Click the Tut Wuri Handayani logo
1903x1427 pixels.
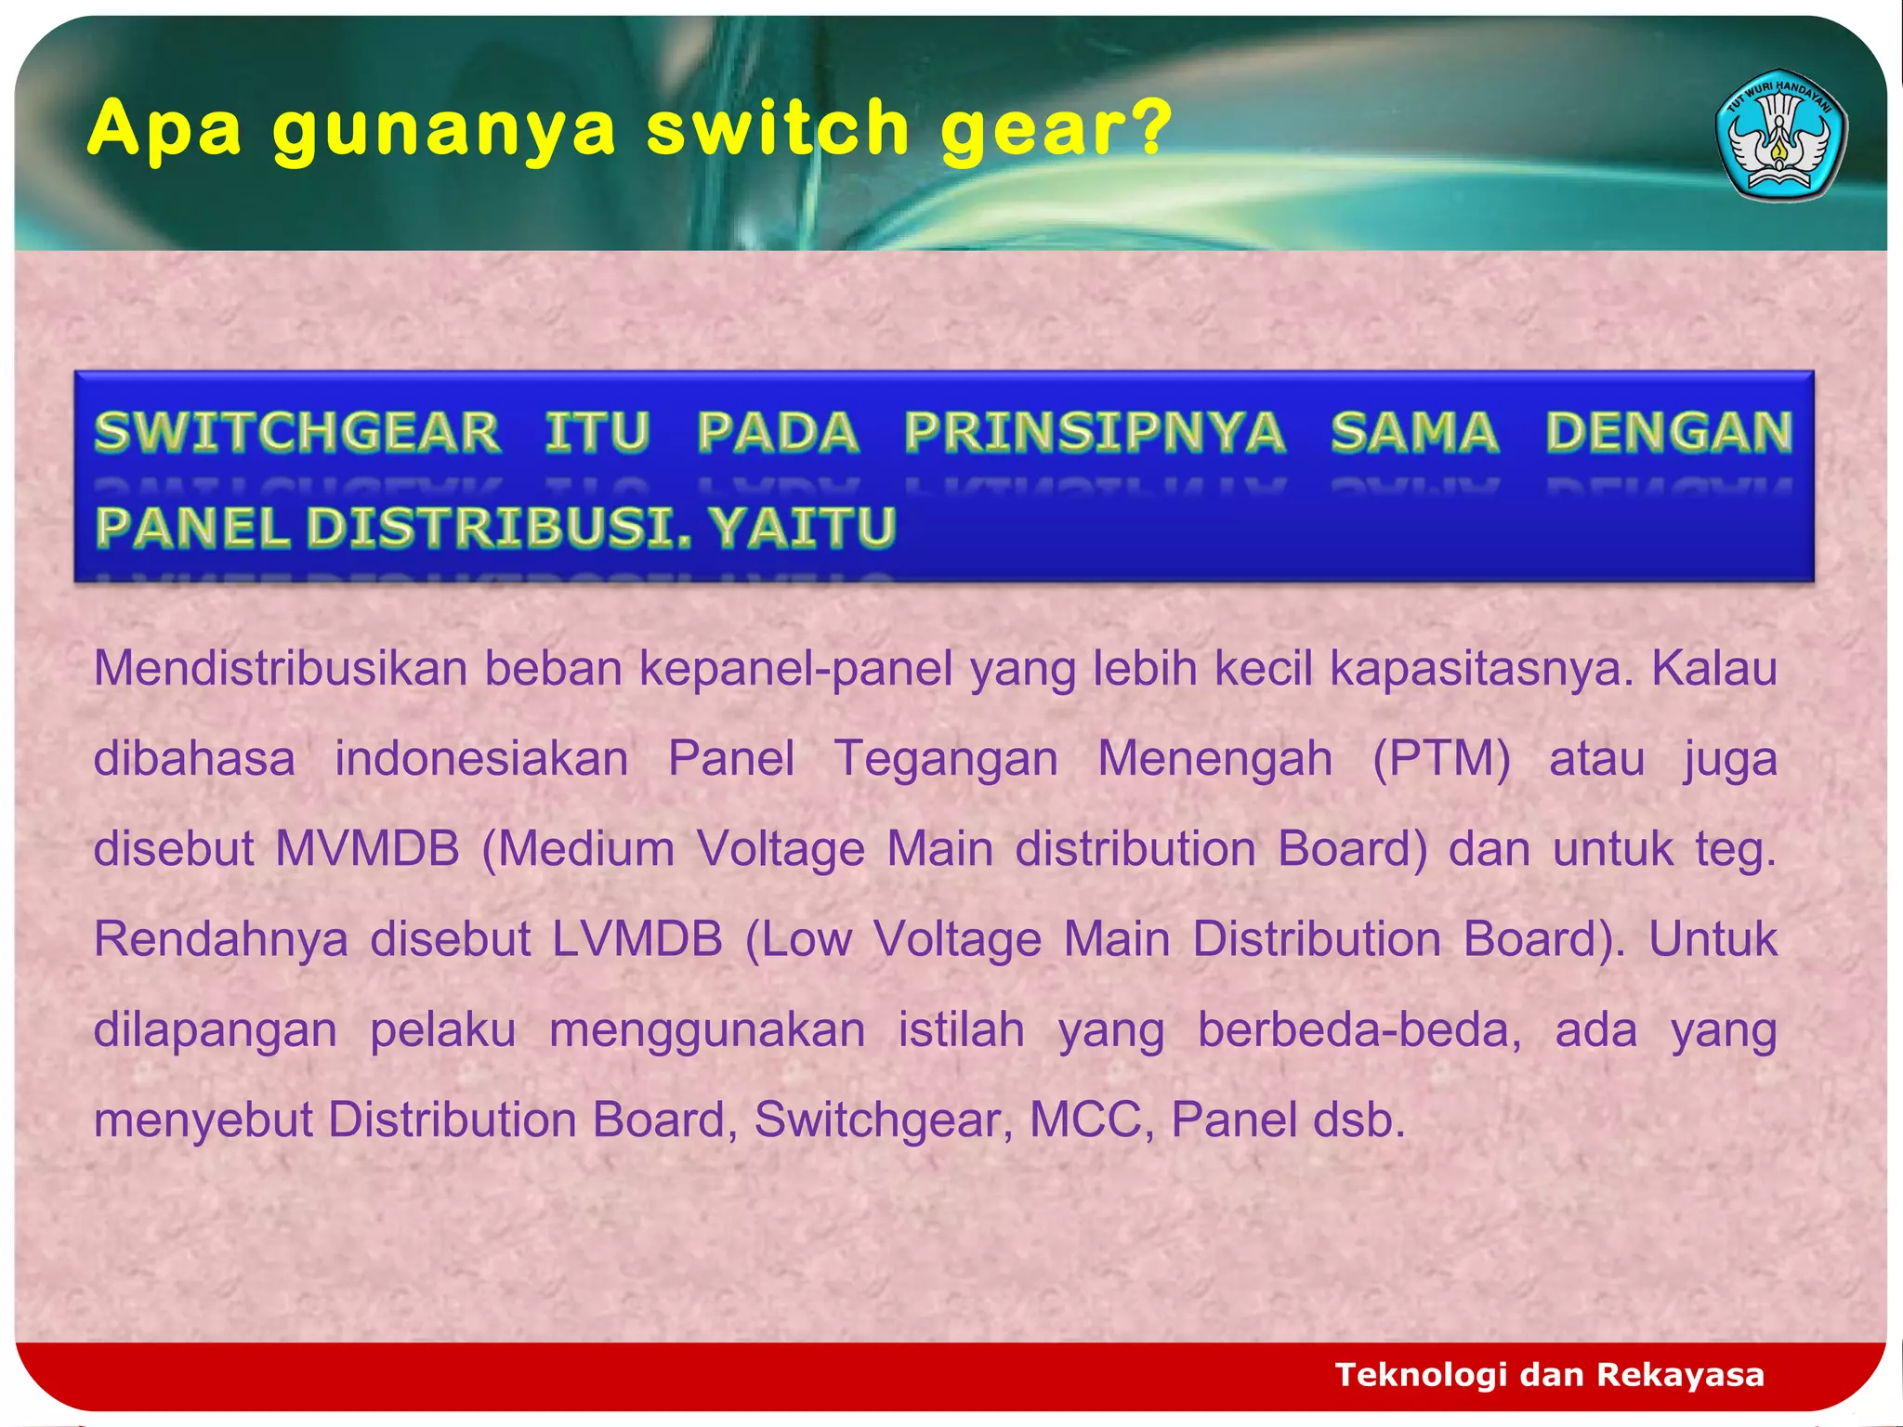pyautogui.click(x=1780, y=135)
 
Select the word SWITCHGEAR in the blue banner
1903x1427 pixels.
pyautogui.click(x=297, y=433)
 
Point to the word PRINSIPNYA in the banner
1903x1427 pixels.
pyautogui.click(x=1095, y=433)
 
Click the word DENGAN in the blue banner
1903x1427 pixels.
pyautogui.click(x=1669, y=433)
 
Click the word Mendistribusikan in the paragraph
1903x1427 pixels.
pyautogui.click(x=280, y=669)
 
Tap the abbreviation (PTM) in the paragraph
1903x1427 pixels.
pyautogui.click(x=1441, y=759)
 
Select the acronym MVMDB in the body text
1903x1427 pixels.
pyautogui.click(x=368, y=849)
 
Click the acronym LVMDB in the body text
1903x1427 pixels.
pyautogui.click(x=637, y=939)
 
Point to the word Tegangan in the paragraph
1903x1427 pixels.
pyautogui.click(x=946, y=759)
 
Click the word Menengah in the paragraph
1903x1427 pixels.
pyautogui.click(x=1214, y=759)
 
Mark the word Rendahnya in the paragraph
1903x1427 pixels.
pyautogui.click(x=221, y=939)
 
